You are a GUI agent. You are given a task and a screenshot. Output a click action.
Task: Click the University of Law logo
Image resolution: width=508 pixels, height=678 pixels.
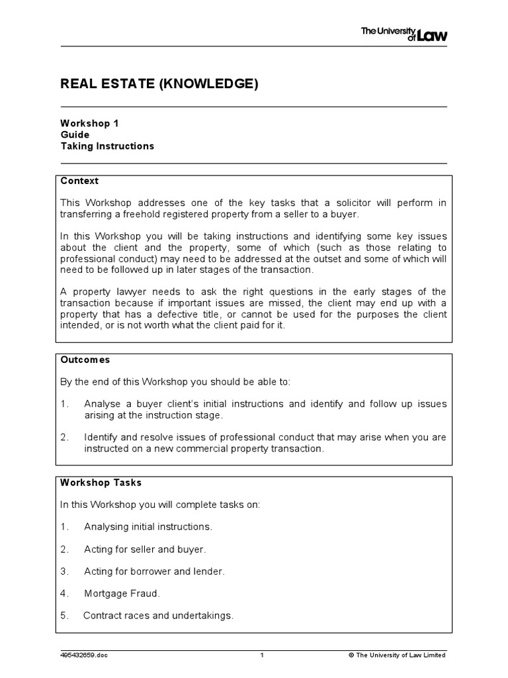point(403,33)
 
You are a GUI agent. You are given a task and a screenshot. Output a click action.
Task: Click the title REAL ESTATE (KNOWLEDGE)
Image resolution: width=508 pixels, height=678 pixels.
point(159,83)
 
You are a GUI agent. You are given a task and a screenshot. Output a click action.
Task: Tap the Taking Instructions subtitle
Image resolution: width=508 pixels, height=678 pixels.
point(107,146)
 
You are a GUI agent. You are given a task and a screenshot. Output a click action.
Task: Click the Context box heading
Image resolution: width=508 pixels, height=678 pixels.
point(79,181)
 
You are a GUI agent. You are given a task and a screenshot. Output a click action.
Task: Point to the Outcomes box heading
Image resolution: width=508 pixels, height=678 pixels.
point(85,360)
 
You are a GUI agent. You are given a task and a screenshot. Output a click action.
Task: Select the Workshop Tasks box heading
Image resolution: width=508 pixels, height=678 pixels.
point(101,482)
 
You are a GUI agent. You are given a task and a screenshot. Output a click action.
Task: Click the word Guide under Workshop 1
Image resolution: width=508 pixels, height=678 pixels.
point(75,134)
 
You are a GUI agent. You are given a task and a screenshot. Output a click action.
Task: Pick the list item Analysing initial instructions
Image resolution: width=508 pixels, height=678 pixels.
point(148,527)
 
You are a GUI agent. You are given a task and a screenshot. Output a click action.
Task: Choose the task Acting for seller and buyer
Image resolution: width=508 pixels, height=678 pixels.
point(145,549)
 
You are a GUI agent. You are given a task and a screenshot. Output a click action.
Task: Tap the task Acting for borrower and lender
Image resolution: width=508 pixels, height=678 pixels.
point(154,571)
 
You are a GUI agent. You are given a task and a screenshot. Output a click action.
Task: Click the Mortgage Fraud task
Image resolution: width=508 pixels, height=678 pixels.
point(122,593)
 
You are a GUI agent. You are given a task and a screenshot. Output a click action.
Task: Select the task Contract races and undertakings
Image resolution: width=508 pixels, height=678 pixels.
point(158,616)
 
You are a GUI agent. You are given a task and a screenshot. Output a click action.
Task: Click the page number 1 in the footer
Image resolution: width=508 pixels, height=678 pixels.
point(262,655)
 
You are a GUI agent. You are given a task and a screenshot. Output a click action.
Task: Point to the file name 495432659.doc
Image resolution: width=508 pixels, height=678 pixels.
point(83,655)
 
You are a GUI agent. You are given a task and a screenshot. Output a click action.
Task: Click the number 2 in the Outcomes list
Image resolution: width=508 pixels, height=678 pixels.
point(64,437)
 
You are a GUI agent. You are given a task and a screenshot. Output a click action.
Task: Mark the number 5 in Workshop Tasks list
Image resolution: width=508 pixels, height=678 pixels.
point(64,616)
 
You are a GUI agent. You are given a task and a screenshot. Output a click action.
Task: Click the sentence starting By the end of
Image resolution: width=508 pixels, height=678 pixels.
point(175,382)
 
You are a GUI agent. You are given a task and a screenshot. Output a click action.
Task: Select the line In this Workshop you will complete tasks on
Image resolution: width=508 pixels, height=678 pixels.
point(161,505)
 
